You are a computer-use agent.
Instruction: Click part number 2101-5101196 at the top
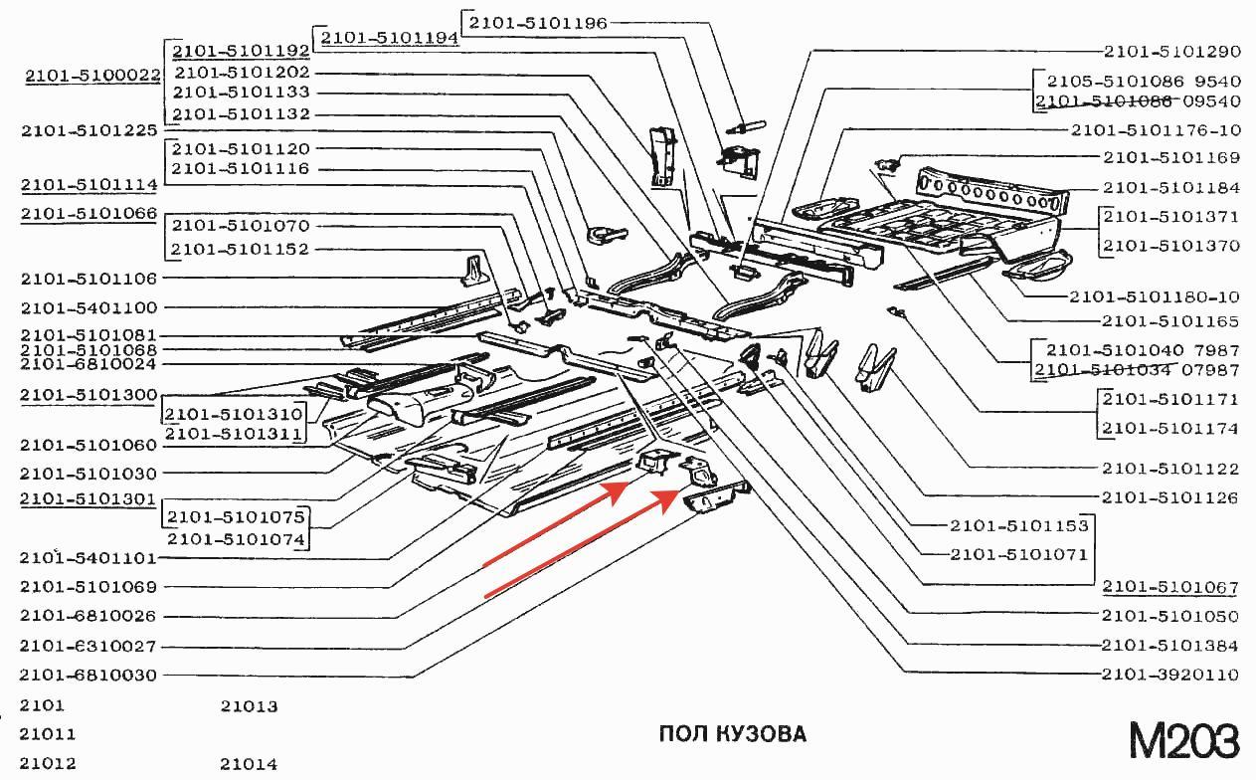(537, 22)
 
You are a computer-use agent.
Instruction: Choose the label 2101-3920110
(1169, 675)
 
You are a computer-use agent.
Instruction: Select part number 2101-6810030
(89, 675)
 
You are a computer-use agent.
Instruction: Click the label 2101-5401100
(89, 307)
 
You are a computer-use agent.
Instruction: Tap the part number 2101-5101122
(1169, 468)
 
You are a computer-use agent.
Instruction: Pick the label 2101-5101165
(1169, 321)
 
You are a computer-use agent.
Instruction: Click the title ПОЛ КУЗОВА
(732, 734)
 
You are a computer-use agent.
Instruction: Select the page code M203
(1183, 741)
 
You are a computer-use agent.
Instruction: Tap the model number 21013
(249, 706)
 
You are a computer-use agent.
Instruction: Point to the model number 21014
(249, 764)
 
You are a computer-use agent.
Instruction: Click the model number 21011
(48, 734)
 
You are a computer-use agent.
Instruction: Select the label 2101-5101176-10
(1156, 129)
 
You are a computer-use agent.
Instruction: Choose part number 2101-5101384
(1169, 645)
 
